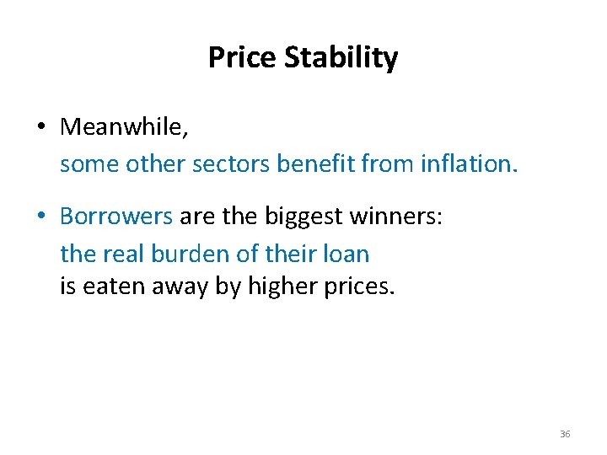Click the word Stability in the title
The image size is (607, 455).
[341, 58]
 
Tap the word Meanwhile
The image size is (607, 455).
[124, 127]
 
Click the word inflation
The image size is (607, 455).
[466, 163]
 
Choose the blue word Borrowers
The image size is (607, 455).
[116, 217]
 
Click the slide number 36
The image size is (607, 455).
[565, 433]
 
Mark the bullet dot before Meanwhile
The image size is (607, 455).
[40, 128]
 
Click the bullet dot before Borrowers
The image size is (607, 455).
[40, 217]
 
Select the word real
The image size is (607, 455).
[123, 253]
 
